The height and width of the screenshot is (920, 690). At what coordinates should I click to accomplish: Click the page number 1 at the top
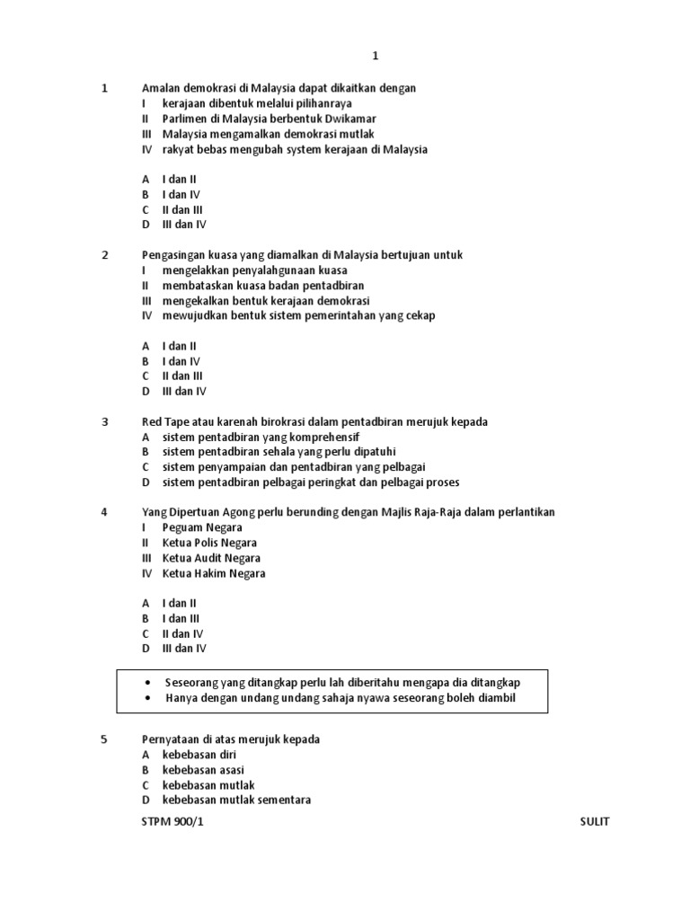(376, 56)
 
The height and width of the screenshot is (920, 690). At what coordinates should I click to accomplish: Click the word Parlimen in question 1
(185, 119)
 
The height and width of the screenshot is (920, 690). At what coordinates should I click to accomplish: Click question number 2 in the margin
(105, 255)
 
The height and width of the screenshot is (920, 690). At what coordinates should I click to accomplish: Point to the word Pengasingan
(174, 255)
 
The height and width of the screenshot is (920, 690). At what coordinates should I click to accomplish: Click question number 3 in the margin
(105, 421)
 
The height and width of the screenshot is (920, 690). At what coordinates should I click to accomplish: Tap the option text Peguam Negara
(203, 527)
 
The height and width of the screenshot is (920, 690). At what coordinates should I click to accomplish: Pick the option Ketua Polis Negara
(209, 543)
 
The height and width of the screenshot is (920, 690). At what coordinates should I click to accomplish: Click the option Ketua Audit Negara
(211, 558)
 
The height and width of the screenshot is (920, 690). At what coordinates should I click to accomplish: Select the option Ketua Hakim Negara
(214, 573)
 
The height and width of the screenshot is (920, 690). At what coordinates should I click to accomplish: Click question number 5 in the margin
(105, 739)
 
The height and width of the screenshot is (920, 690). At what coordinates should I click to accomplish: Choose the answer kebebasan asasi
(203, 770)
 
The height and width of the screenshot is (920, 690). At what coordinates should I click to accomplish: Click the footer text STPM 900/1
(166, 822)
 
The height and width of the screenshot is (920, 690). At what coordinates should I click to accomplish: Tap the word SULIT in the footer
(595, 822)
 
